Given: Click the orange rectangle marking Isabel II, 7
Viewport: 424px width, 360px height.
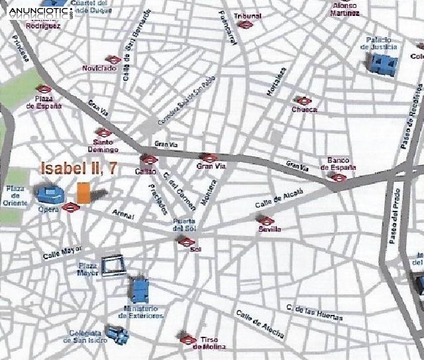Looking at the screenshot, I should pos(83,192).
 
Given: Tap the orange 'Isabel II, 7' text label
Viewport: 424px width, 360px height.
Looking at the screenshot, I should pos(79,168).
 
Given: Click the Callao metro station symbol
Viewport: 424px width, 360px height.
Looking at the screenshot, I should pos(148,159).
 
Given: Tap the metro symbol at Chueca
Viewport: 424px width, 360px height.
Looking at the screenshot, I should pos(303,101).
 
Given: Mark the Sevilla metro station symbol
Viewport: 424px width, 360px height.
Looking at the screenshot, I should pos(266,221).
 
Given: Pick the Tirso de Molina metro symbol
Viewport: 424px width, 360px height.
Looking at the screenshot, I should pos(187,339).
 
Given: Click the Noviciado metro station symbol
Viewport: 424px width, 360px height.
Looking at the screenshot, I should pos(114,60).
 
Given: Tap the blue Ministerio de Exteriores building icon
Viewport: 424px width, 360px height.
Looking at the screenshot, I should pos(140,290).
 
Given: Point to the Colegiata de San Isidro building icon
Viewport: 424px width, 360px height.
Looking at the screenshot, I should pos(115,335).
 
